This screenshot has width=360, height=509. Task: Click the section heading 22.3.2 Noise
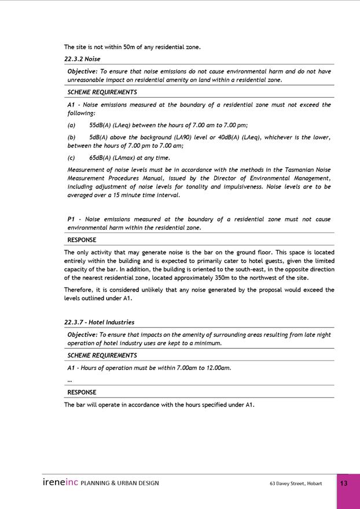(82, 59)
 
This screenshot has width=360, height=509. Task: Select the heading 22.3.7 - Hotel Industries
(99, 322)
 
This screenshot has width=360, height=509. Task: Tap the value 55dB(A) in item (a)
(100, 125)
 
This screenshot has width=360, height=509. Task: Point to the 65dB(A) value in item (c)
(100, 157)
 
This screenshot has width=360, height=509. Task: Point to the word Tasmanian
(300, 170)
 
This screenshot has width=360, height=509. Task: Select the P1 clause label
(71, 219)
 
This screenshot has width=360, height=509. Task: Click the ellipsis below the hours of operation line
(69, 380)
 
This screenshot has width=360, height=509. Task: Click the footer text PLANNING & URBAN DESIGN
(120, 484)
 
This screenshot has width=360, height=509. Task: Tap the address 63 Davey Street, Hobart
(296, 484)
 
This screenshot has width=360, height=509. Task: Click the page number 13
(344, 484)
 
